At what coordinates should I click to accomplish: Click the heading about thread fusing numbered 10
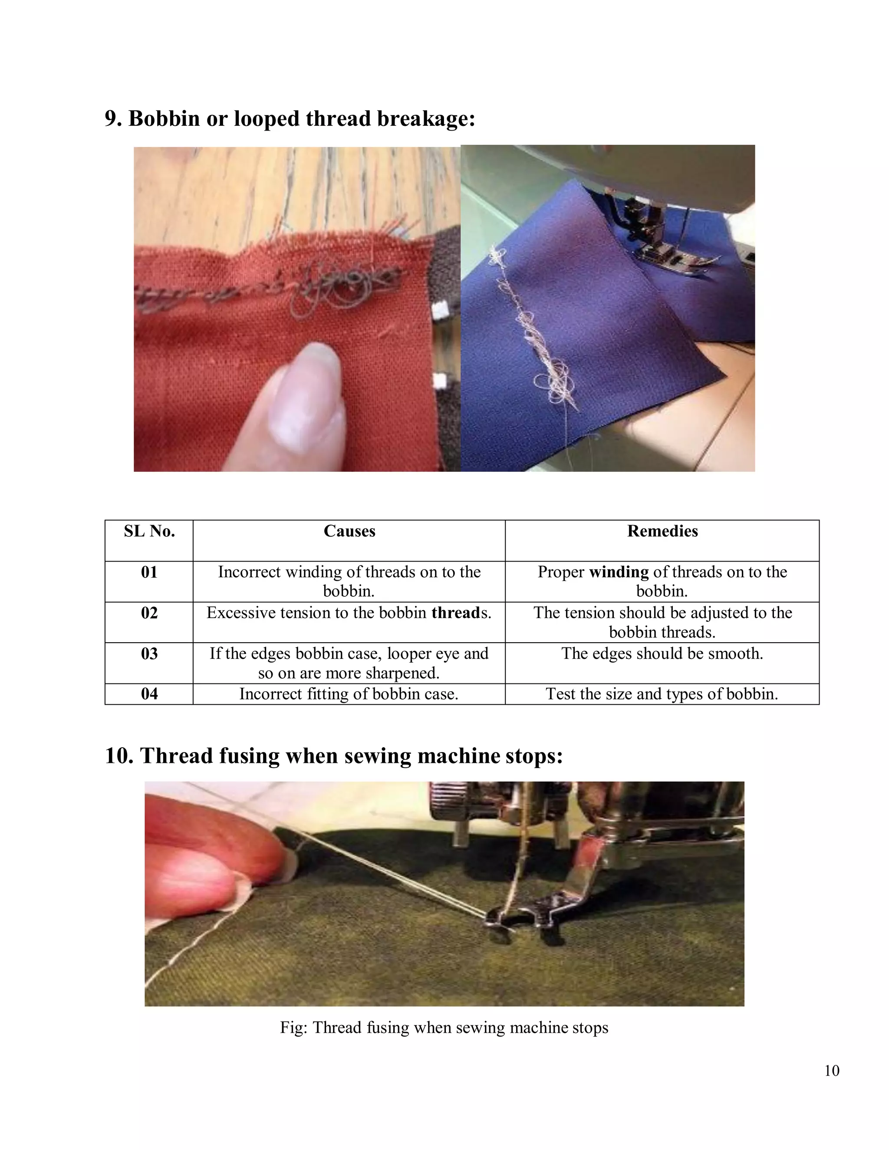point(334,756)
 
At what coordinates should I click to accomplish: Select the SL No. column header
point(149,531)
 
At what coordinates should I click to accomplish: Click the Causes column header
point(349,531)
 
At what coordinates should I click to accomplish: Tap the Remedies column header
point(662,531)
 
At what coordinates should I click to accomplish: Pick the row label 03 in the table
point(149,654)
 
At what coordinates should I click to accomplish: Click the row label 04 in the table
point(149,694)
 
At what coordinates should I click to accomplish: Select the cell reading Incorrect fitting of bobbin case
point(349,694)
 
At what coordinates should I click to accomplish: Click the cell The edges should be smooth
point(662,654)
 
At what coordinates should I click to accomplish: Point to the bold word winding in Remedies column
point(618,572)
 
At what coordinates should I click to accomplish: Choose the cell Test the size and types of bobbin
point(662,694)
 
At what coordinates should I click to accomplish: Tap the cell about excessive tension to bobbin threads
point(349,613)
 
